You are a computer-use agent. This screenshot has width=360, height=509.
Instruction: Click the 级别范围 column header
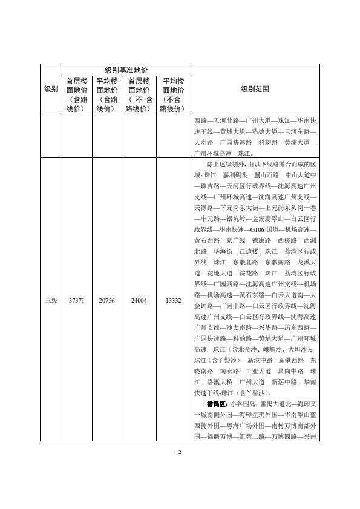click(x=255, y=89)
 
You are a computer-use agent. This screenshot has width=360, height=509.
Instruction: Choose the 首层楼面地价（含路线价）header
click(x=76, y=94)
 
